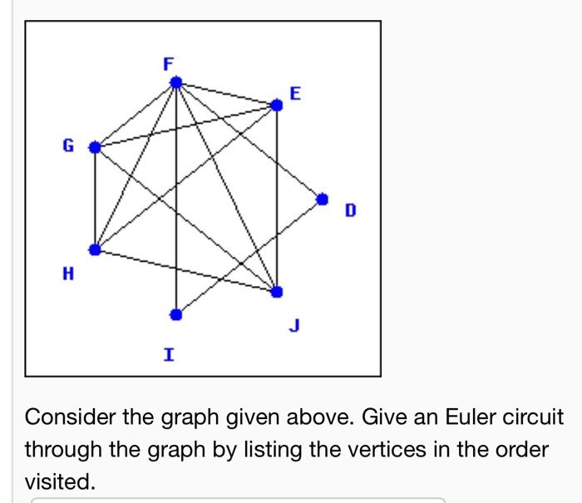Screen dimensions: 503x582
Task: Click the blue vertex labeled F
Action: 176,81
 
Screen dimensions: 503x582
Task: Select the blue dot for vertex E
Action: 277,105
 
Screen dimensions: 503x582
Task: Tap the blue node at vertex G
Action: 95,147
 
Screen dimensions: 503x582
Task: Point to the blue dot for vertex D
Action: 323,198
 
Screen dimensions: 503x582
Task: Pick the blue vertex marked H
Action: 95,249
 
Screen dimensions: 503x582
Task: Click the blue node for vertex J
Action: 277,291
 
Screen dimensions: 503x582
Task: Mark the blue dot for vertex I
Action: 175,314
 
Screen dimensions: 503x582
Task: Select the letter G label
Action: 67,146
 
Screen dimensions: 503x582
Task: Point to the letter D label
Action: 350,212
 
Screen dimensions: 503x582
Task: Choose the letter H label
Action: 67,272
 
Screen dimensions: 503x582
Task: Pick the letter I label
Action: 169,355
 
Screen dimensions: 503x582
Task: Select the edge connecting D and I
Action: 249,256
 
